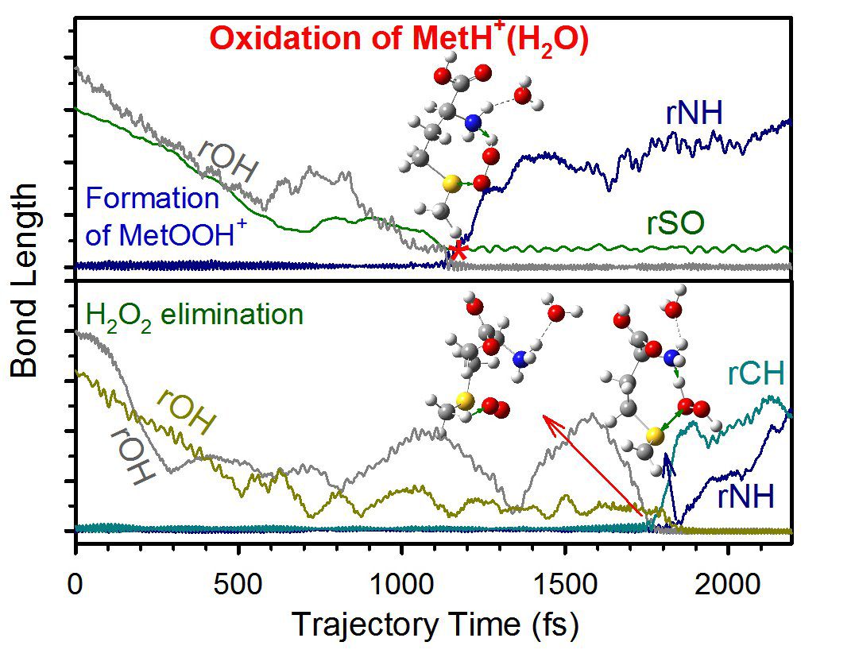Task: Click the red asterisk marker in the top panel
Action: pos(458,252)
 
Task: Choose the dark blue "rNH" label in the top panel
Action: pos(694,114)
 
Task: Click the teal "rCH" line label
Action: pos(756,373)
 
